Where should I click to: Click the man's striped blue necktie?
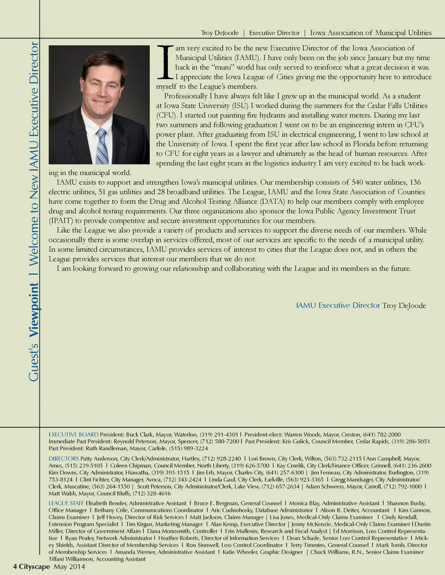tap(102, 146)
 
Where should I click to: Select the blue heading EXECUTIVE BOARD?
tap(73, 435)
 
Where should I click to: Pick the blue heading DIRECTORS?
tap(64, 459)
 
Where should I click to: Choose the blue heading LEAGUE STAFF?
tap(66, 503)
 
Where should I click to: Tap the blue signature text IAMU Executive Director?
tap(338, 306)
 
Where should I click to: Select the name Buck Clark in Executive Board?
tap(139, 435)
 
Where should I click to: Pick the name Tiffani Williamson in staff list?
tap(71, 559)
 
